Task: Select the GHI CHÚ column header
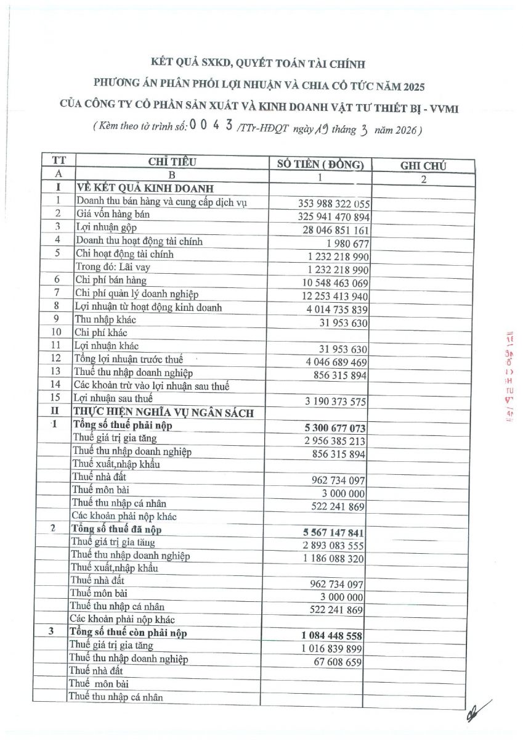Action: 423,165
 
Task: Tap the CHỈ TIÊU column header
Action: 172,162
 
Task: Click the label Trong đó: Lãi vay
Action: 113,267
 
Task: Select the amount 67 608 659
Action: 336,662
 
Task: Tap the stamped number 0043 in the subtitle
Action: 211,126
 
